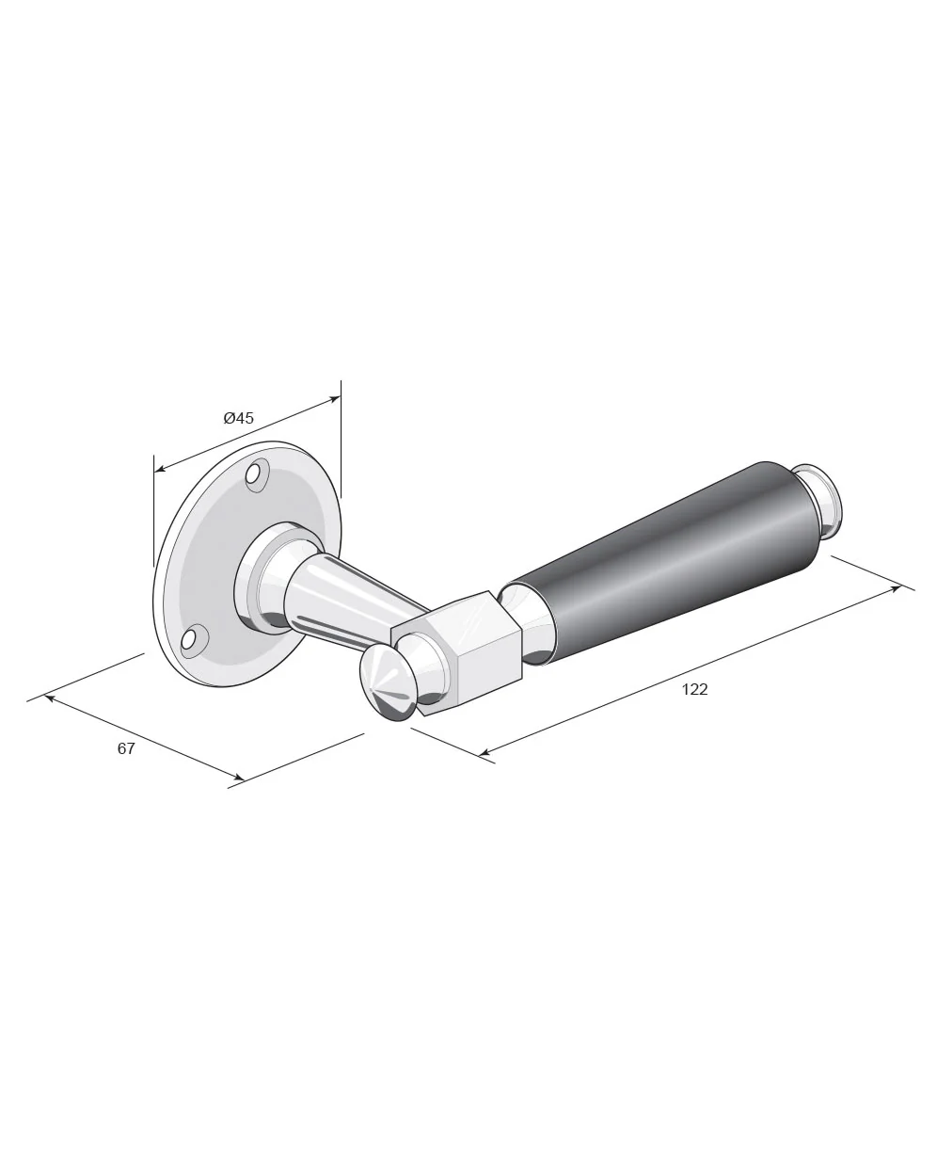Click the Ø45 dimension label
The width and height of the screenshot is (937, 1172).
point(238,418)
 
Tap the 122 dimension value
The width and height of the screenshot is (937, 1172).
point(694,689)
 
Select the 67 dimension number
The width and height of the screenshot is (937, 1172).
point(126,748)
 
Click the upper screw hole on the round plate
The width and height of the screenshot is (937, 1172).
point(254,474)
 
